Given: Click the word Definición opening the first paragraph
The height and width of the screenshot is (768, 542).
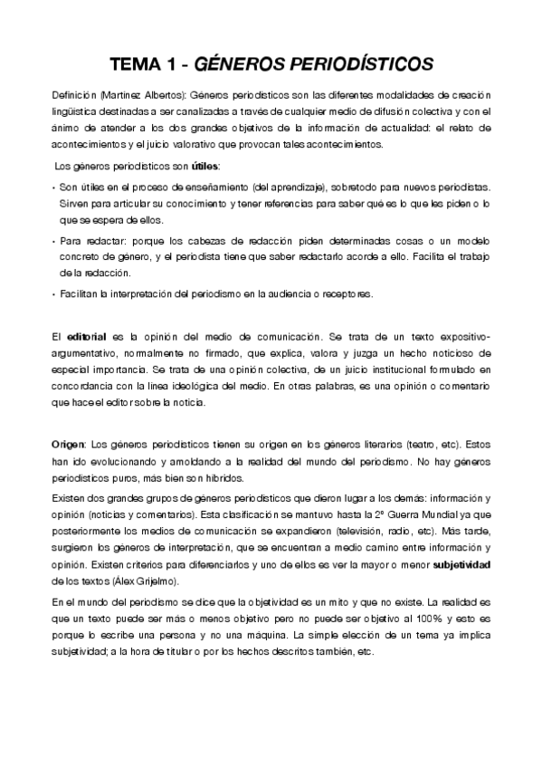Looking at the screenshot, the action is [x=74, y=95].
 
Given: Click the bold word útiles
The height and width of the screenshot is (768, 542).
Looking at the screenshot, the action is [x=204, y=167].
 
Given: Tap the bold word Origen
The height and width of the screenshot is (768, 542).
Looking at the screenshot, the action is [x=69, y=443].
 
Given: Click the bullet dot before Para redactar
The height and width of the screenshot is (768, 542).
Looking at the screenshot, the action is [x=53, y=242].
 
